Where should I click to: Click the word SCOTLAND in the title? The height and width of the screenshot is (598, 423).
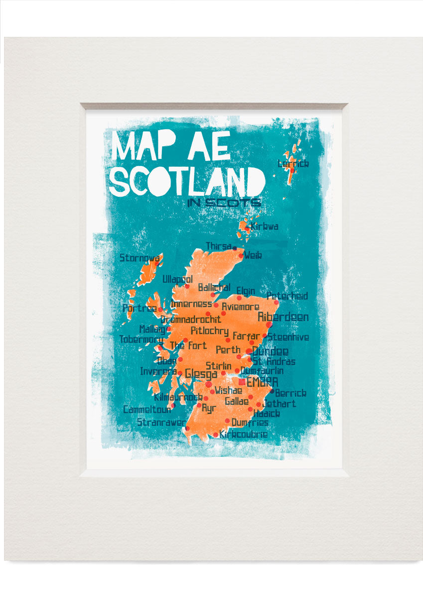point(187,181)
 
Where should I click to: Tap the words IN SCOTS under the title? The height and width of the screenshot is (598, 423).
point(224,203)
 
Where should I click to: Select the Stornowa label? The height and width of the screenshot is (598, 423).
point(140,258)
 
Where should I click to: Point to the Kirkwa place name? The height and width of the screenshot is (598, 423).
point(264,227)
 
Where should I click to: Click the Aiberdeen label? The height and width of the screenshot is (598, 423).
point(283,317)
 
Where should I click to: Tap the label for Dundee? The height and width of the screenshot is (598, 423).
point(270,351)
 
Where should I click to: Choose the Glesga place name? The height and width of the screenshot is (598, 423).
point(201,374)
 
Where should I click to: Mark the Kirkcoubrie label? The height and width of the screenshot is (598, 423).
point(243,435)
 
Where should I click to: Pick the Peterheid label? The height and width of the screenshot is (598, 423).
point(287,296)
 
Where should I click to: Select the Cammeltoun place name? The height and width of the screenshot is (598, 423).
point(147,410)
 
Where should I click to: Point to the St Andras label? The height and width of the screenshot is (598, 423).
point(274,362)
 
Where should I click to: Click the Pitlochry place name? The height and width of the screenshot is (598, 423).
point(209,331)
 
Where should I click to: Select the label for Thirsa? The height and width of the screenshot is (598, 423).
point(218,246)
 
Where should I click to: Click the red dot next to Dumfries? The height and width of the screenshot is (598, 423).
point(227,421)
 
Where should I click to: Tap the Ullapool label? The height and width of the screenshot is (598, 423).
point(177,280)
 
